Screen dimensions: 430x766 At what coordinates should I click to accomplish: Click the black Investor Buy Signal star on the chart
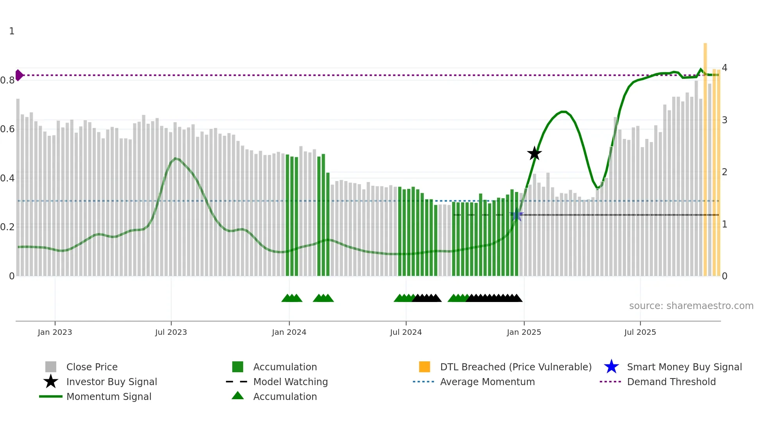[534, 153]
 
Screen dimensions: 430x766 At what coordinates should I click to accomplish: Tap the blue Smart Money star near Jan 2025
[517, 215]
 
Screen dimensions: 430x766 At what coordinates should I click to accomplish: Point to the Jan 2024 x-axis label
[289, 332]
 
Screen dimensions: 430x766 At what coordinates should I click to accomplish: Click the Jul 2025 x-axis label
[640, 332]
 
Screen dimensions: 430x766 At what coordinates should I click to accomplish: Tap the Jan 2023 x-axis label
[55, 332]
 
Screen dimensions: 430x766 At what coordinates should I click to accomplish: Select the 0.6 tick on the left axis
[8, 129]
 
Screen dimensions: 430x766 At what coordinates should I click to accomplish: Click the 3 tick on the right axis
[724, 120]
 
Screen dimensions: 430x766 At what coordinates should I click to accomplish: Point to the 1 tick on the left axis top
[12, 31]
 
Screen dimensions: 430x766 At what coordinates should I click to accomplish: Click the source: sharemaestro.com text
[691, 306]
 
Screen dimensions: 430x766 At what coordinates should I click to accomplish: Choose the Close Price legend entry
[92, 367]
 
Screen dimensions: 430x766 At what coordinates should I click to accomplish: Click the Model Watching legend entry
[290, 382]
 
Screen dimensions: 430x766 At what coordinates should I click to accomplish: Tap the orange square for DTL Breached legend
[424, 367]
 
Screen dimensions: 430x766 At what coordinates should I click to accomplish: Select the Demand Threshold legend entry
[671, 382]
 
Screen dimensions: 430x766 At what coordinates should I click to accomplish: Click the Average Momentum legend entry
[487, 382]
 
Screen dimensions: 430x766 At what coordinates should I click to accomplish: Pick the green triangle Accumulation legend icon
[238, 396]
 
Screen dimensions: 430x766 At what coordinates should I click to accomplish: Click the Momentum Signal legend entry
[109, 396]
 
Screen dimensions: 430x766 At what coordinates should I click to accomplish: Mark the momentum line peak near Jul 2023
[175, 158]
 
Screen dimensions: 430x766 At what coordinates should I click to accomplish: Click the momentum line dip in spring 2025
[598, 188]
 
